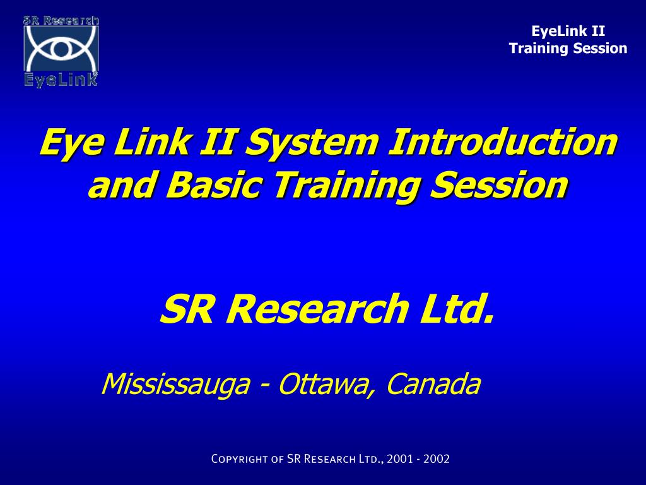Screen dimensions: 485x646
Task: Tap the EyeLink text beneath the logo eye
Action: point(61,80)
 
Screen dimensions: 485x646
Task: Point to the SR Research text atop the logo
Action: point(61,20)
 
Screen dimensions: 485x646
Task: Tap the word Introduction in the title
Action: point(502,141)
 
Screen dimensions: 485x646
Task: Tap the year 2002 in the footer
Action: point(437,459)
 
